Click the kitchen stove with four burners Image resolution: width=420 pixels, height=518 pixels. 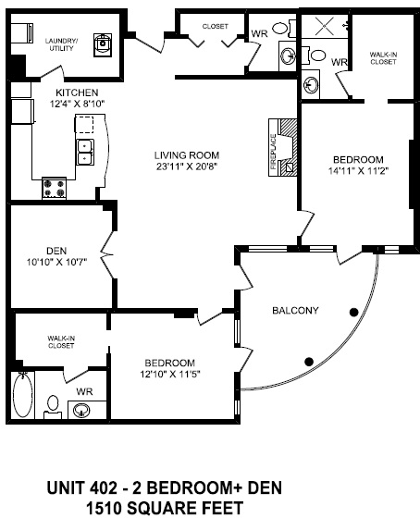click(x=55, y=189)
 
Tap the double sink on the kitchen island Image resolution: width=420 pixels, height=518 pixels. click(x=85, y=152)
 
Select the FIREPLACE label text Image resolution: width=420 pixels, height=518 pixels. click(x=273, y=152)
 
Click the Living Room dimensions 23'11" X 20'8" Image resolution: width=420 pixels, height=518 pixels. click(x=187, y=166)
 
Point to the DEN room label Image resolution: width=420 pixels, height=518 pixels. click(x=56, y=251)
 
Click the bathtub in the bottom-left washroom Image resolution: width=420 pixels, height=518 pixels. click(x=23, y=395)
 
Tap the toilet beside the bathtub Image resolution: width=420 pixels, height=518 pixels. click(x=53, y=407)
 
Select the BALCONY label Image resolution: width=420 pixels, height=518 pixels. click(x=295, y=311)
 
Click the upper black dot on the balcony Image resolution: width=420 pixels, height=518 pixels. click(x=354, y=313)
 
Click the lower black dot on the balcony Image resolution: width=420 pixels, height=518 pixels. click(x=309, y=362)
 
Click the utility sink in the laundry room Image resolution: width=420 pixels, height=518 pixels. click(x=103, y=44)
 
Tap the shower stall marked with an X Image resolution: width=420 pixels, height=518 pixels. click(x=324, y=26)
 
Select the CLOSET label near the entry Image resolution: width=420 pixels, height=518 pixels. click(x=216, y=26)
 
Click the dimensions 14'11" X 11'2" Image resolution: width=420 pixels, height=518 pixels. click(x=358, y=171)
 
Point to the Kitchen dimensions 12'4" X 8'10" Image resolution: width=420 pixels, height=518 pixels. click(x=77, y=104)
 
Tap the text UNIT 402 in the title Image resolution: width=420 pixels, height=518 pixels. click(x=82, y=488)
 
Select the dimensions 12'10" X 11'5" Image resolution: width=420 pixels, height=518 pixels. click(x=170, y=375)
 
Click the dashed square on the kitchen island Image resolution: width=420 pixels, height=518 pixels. click(x=84, y=124)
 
